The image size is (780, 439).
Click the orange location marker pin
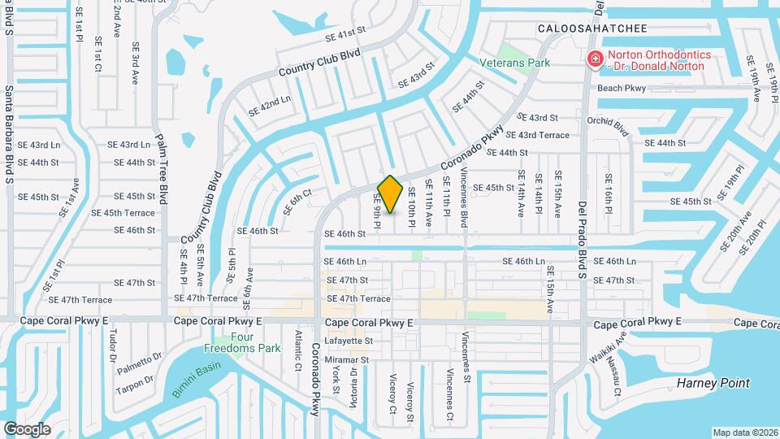[x=391, y=193]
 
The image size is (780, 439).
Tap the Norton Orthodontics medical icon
[x=595, y=59]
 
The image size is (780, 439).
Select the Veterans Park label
[x=513, y=63]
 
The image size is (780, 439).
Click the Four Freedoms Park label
[x=254, y=342]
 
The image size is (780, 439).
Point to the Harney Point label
[x=714, y=383]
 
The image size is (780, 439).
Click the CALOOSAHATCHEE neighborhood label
[x=592, y=28]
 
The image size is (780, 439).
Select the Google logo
[x=27, y=428]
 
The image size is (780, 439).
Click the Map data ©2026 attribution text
[x=744, y=432]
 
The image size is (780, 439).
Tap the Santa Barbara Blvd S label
[x=9, y=133]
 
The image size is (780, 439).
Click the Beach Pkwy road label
[x=621, y=88]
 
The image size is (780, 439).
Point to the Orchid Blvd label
[x=609, y=128]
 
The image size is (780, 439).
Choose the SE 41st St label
[x=346, y=34]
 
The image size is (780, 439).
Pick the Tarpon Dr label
[x=133, y=384]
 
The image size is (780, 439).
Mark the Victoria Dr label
[x=353, y=380]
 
